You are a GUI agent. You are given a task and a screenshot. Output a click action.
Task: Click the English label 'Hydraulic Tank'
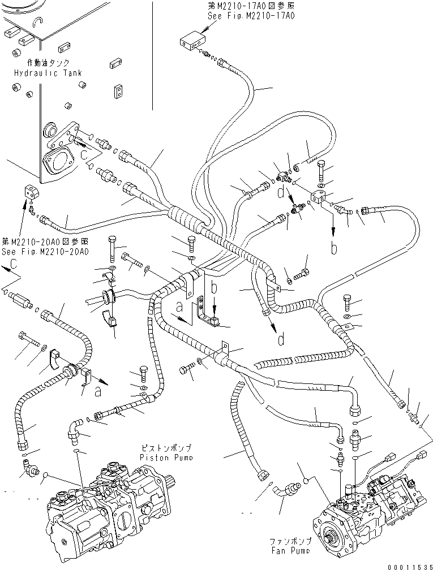click(49, 73)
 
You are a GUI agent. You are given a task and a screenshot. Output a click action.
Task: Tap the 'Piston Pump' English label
click(168, 456)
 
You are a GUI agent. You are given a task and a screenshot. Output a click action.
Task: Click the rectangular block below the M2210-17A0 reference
click(191, 41)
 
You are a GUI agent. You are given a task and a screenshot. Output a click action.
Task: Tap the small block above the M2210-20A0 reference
click(30, 191)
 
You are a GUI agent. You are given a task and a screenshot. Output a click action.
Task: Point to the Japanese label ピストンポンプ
click(168, 447)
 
